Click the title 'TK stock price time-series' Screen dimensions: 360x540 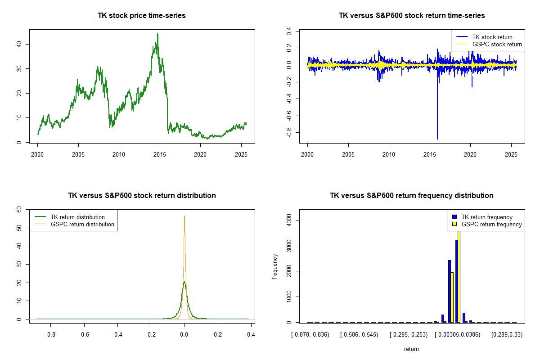tap(142, 16)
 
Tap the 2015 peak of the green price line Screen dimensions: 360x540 tap(157, 34)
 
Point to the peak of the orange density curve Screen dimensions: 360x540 tap(184, 216)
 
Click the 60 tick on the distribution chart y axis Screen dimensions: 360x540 tap(19, 209)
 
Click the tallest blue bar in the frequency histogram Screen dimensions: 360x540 tap(456, 281)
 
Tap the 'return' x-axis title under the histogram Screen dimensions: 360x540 tap(411, 349)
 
